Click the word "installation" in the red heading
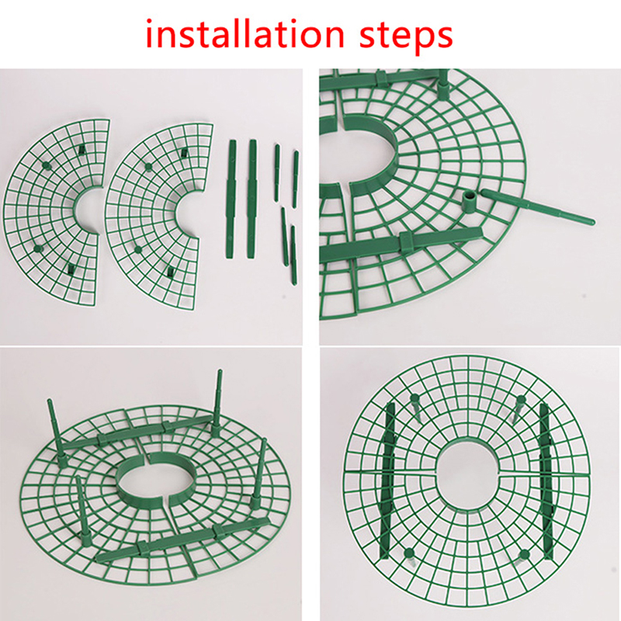click(245, 34)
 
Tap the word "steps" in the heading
click(406, 36)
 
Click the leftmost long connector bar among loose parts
click(231, 199)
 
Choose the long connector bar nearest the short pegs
click(252, 199)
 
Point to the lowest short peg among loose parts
click(293, 255)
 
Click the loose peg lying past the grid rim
click(537, 207)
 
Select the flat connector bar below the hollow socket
click(401, 245)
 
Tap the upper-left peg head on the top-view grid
click(415, 398)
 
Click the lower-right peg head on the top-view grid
click(523, 554)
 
